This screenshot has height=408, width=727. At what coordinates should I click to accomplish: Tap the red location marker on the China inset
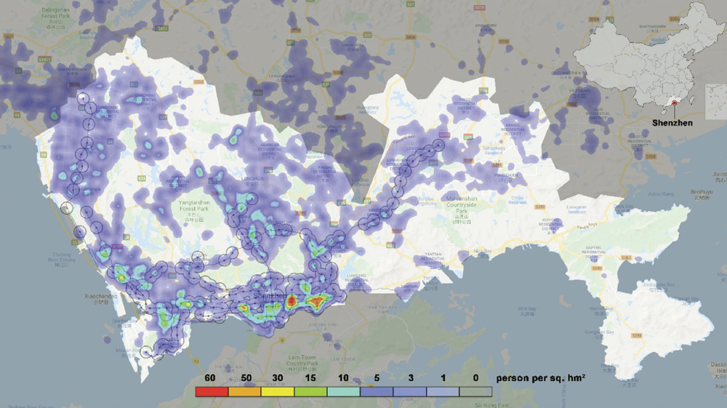pos(674,104)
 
